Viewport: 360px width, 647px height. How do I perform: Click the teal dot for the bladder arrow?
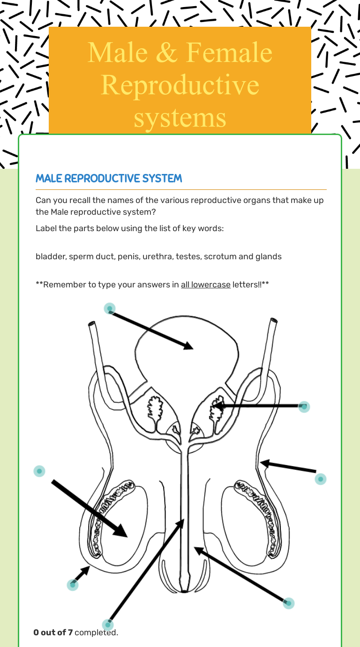[110, 308]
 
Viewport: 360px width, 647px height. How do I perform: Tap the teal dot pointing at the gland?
[304, 406]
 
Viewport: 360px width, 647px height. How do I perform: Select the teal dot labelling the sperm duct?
[321, 479]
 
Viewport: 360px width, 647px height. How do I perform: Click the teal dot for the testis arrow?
[39, 471]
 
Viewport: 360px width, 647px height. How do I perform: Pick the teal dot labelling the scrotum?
[72, 584]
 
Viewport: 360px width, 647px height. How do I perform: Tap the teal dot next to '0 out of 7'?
[108, 624]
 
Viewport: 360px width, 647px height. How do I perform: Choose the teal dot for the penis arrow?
[288, 603]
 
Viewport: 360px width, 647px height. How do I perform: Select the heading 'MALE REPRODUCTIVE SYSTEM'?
[109, 179]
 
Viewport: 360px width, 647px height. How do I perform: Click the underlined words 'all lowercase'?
[205, 285]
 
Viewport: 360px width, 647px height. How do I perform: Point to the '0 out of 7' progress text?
[53, 633]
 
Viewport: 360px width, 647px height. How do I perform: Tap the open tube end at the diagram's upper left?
[91, 323]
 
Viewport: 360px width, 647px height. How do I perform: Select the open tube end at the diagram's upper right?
[273, 322]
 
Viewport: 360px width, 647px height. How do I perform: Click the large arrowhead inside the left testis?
[120, 530]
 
